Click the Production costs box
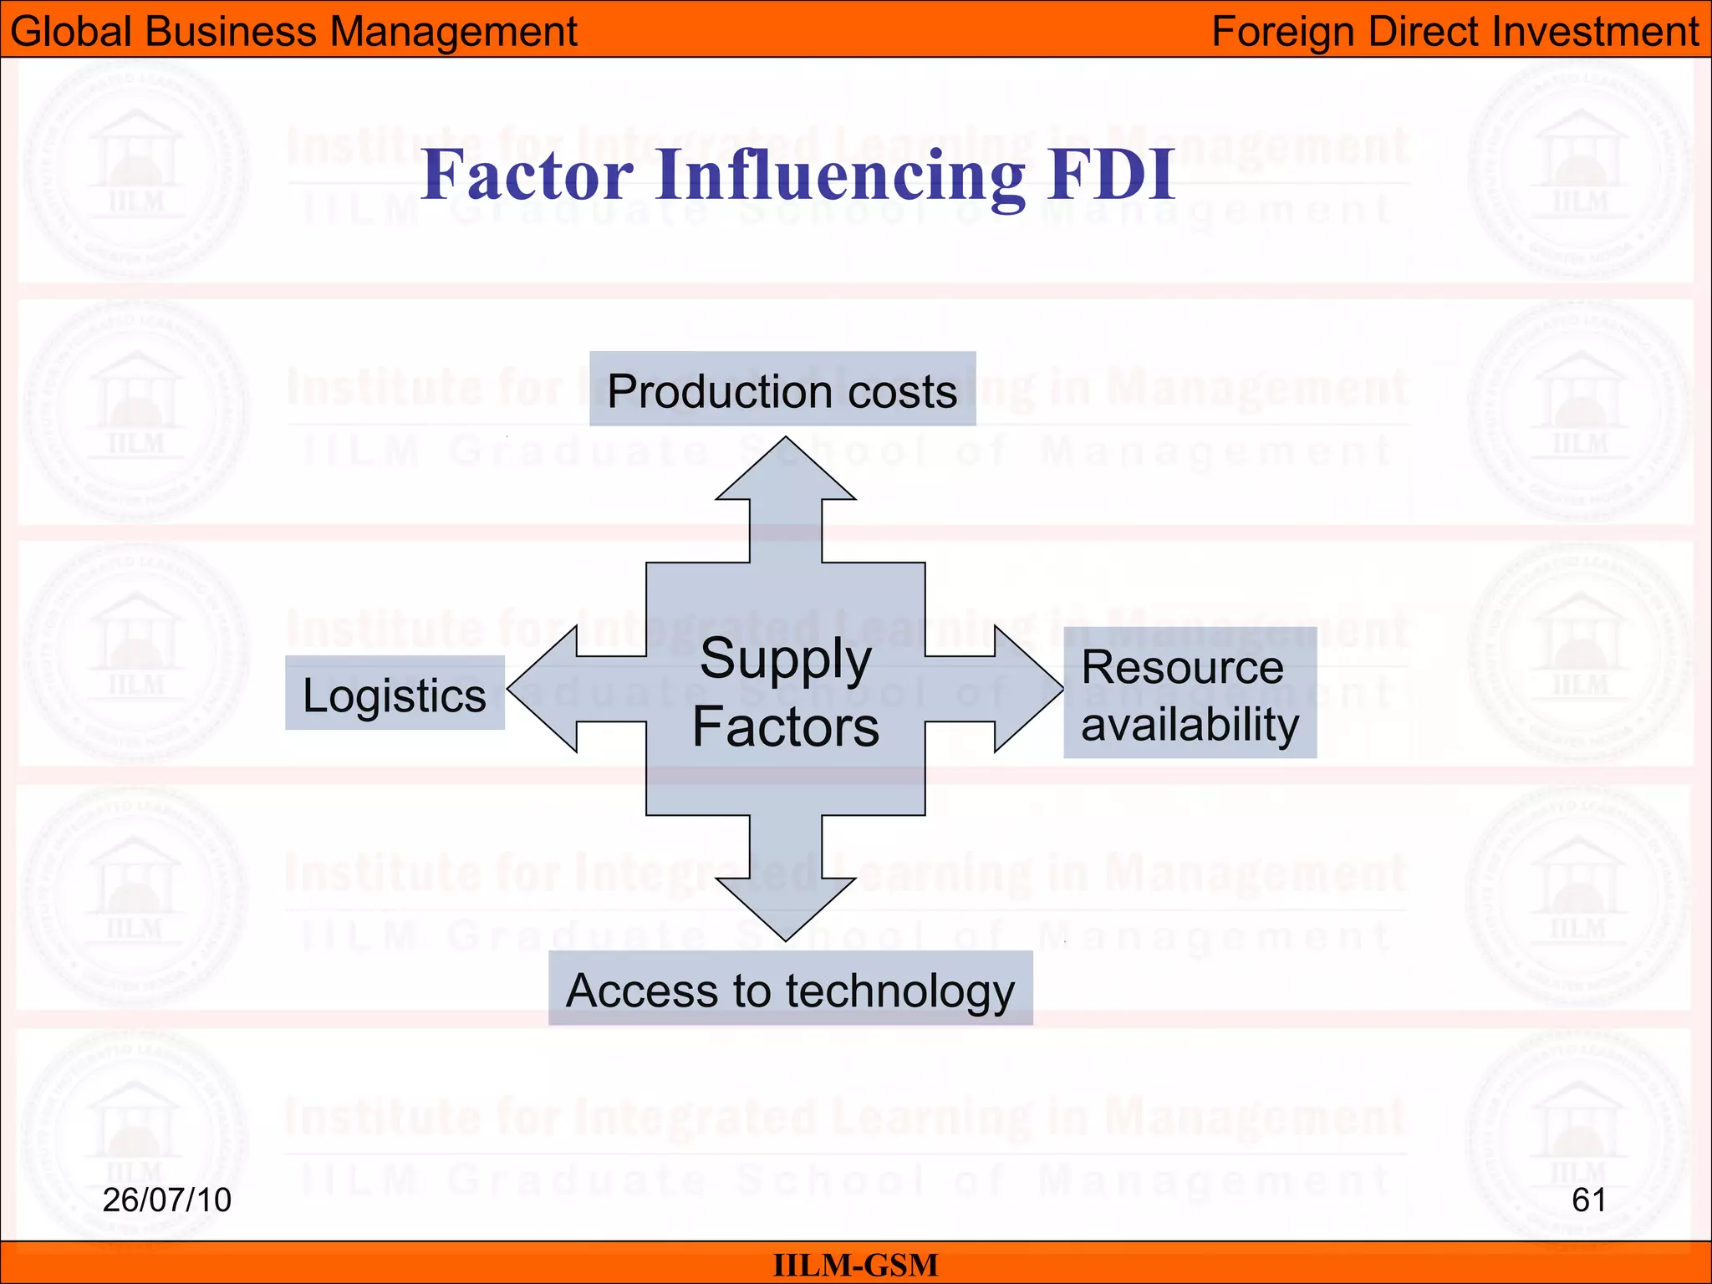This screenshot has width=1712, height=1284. tap(782, 390)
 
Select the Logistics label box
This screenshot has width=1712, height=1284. tap(395, 694)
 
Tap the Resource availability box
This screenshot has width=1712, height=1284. tap(1190, 693)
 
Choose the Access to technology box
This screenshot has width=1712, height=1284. tap(790, 989)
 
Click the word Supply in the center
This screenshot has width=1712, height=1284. tap(786, 660)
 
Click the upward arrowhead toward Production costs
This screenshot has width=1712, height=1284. tap(786, 472)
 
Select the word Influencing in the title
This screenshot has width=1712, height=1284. tap(839, 176)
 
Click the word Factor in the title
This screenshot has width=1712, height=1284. tap(527, 175)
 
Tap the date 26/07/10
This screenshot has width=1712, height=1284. tap(166, 1200)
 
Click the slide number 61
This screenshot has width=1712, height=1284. tap(1588, 1200)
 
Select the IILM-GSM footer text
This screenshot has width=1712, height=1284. tap(855, 1265)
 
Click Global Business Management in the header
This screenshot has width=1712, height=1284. tap(293, 31)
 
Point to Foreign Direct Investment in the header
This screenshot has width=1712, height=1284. tap(1455, 31)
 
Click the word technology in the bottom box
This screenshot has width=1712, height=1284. tap(899, 991)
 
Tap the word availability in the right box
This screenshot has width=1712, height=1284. tap(1190, 724)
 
